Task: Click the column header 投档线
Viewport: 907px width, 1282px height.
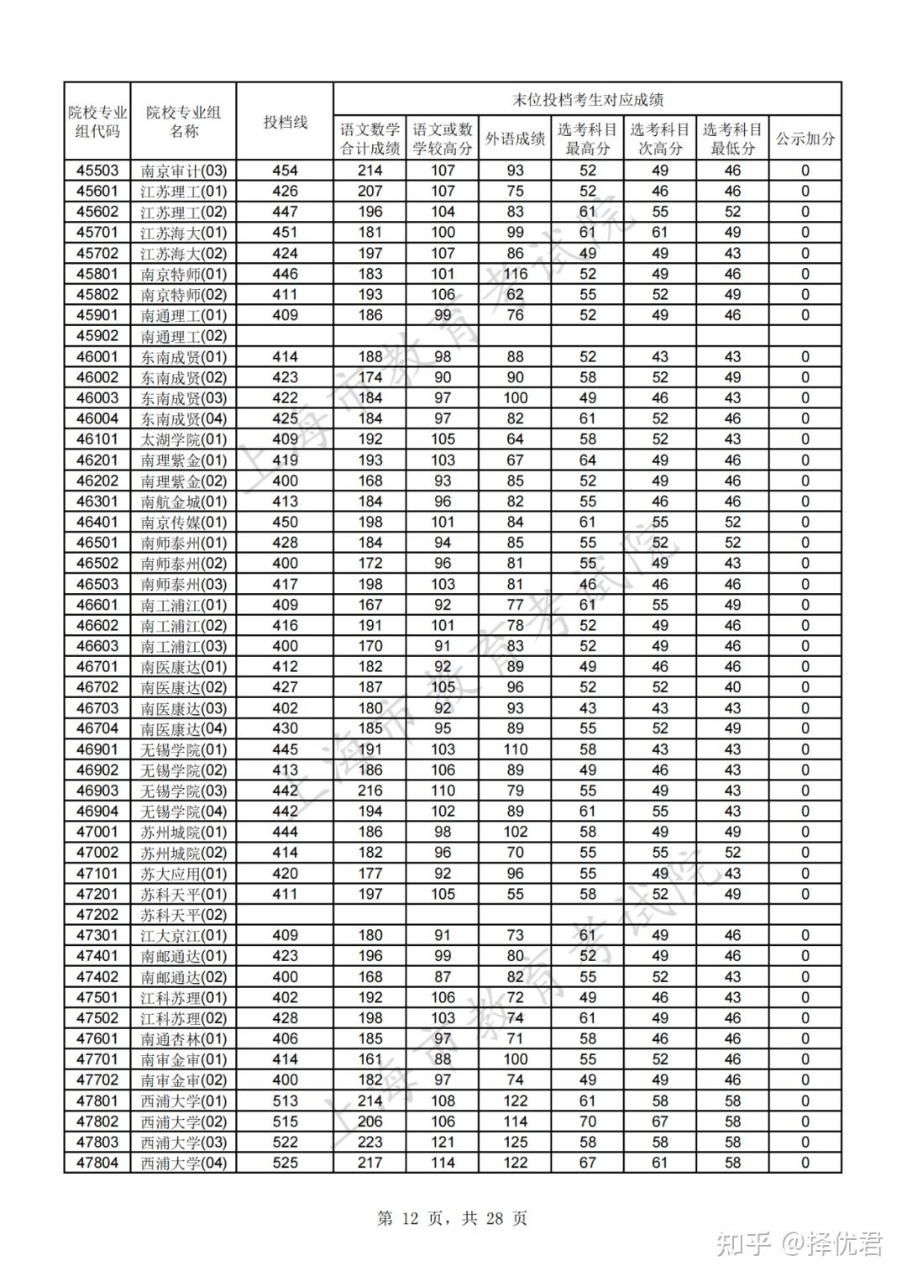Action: pyautogui.click(x=285, y=122)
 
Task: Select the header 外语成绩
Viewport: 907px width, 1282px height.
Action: pyautogui.click(x=515, y=139)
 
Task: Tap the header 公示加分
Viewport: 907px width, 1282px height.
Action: pyautogui.click(x=805, y=139)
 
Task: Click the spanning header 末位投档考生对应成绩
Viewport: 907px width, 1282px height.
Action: pyautogui.click(x=587, y=99)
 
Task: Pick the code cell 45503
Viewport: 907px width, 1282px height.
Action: pyautogui.click(x=97, y=171)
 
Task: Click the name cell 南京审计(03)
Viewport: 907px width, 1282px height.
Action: pyautogui.click(x=184, y=171)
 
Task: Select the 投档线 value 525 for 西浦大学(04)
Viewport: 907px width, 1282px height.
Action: pyautogui.click(x=285, y=1163)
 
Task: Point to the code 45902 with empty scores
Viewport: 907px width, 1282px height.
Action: pyautogui.click(x=97, y=336)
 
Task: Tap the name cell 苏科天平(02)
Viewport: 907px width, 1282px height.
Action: pyautogui.click(x=184, y=915)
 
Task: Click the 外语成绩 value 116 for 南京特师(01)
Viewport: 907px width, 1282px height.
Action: pyautogui.click(x=515, y=274)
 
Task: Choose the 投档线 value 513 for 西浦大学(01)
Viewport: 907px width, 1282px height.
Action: pyautogui.click(x=285, y=1101)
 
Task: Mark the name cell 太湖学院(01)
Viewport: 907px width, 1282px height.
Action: pyautogui.click(x=184, y=439)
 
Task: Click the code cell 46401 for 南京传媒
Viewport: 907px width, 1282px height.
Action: pyautogui.click(x=97, y=522)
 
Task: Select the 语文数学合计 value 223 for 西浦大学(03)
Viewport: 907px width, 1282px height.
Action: pyautogui.click(x=370, y=1142)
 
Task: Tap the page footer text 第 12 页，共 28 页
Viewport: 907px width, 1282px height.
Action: pyautogui.click(x=453, y=1218)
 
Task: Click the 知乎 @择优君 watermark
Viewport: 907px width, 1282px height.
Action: pyautogui.click(x=799, y=1243)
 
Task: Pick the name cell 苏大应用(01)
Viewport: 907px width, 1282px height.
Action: pyautogui.click(x=184, y=874)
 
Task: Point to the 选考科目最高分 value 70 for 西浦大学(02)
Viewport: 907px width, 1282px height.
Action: pyautogui.click(x=587, y=1122)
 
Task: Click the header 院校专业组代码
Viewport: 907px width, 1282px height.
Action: pyautogui.click(x=97, y=122)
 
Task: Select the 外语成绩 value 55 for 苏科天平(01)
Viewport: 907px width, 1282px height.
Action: pyautogui.click(x=515, y=894)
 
